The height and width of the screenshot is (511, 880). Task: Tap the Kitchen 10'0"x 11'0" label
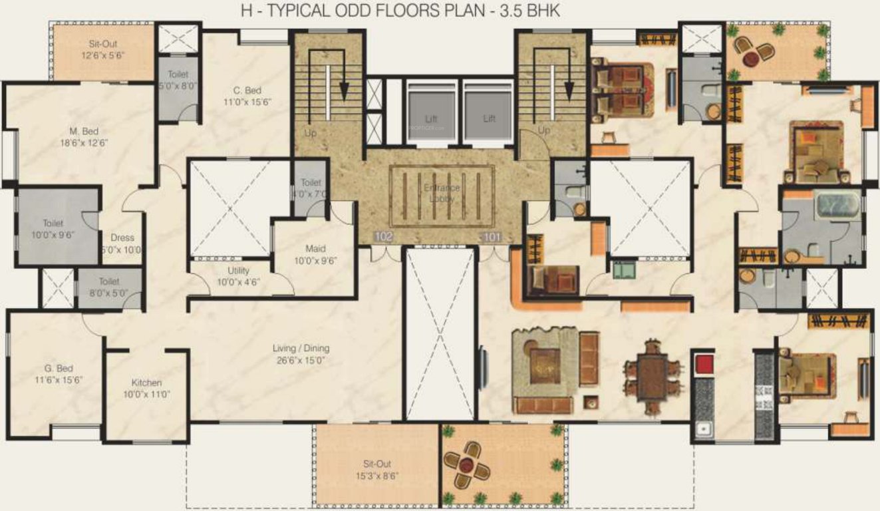146,388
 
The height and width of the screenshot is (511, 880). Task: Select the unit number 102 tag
383,236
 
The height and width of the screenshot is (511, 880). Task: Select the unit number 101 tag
491,236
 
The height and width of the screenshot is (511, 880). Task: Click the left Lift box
431,116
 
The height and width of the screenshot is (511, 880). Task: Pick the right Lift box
489,116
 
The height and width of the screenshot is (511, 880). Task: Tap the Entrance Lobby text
442,193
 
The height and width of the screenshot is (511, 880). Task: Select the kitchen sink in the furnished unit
703,429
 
